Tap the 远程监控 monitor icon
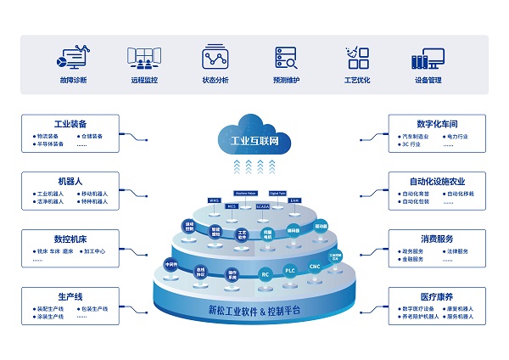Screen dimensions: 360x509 (144, 57)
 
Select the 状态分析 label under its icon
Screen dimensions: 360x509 (215, 81)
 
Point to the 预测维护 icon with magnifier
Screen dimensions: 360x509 (286, 57)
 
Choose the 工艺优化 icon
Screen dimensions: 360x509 (357, 57)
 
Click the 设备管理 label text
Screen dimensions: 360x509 (428, 81)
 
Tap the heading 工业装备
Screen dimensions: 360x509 (70, 123)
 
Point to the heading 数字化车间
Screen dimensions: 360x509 (436, 123)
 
